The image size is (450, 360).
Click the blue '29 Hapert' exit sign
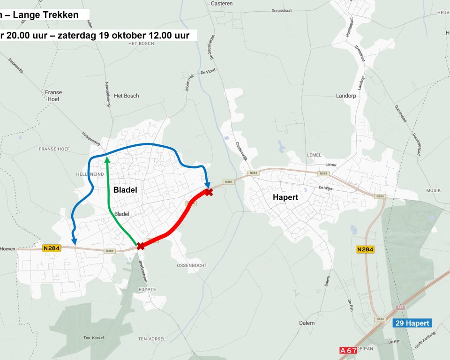click(411, 323)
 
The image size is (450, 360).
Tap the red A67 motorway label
click(348, 350)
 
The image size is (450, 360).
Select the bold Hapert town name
click(285, 197)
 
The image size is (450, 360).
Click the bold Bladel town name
click(125, 190)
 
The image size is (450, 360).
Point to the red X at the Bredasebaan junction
click(140, 246)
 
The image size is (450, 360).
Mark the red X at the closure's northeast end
click(209, 192)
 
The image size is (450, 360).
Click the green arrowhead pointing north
click(107, 160)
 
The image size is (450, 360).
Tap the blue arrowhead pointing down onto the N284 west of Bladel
click(74, 241)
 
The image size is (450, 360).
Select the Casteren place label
click(222, 3)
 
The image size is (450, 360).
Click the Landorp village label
click(346, 96)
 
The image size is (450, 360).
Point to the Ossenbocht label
click(192, 265)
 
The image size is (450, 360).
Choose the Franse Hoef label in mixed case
click(53, 96)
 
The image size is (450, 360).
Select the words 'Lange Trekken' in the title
click(45, 15)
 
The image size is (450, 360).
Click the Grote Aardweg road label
click(426, 341)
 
